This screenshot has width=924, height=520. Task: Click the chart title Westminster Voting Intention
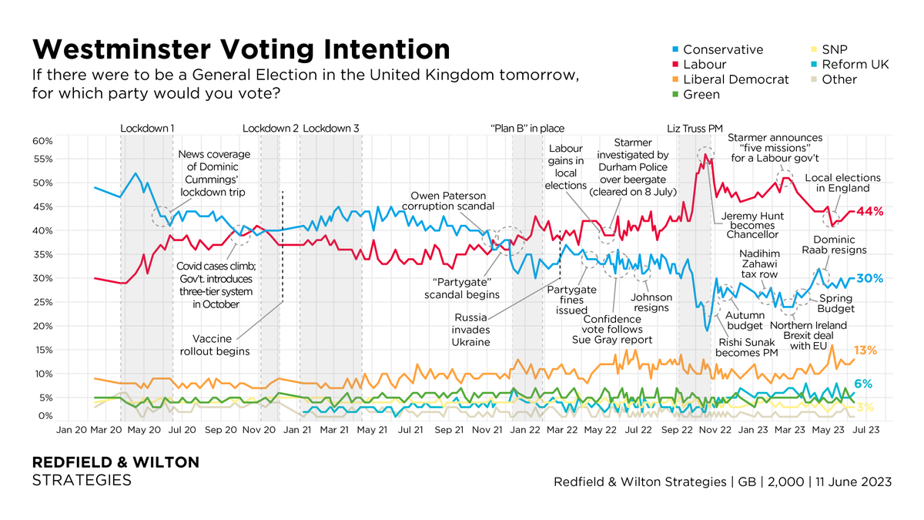[240, 49]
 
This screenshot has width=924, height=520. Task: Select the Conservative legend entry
[722, 49]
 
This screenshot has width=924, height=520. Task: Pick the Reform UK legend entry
[855, 65]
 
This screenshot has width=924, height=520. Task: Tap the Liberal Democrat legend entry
[735, 79]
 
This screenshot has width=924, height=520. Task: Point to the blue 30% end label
[869, 278]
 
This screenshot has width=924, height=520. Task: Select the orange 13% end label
[866, 351]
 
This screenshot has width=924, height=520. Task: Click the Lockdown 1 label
[147, 129]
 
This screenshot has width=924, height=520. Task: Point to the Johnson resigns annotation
[651, 303]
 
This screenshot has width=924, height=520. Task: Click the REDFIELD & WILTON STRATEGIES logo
[115, 471]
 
